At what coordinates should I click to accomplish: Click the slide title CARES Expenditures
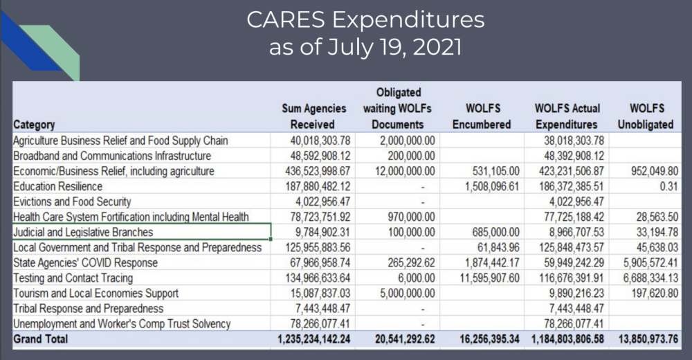tap(365, 20)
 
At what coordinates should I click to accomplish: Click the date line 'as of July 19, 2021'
tap(365, 49)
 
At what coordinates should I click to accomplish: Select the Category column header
tap(35, 125)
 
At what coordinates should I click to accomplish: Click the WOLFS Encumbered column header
tap(482, 117)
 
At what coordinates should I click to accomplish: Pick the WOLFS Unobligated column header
tap(646, 117)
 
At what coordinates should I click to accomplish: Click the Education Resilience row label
tap(57, 186)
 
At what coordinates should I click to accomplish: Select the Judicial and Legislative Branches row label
tap(83, 232)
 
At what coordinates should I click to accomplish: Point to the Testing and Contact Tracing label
tap(74, 278)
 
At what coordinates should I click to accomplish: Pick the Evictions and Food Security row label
tap(72, 201)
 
